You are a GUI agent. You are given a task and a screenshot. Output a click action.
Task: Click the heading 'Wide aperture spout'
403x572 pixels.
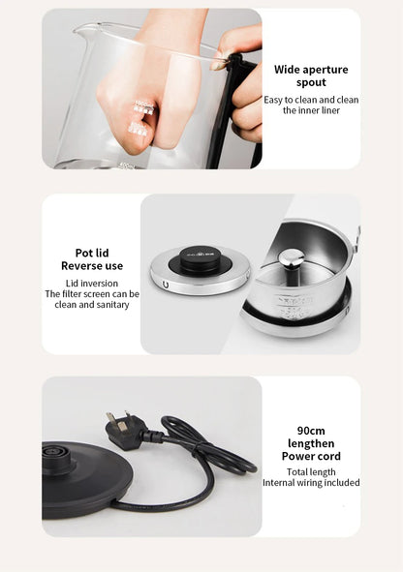(310, 76)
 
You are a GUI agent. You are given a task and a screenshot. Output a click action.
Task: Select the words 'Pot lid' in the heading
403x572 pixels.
(91, 254)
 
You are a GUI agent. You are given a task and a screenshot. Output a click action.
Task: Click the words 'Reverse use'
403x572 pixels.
(91, 266)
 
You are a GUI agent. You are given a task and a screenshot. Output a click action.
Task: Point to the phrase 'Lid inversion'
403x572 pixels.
(91, 283)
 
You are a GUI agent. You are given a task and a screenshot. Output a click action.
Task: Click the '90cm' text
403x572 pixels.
(310, 431)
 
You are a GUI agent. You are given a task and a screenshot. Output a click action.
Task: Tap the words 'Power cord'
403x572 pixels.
(310, 456)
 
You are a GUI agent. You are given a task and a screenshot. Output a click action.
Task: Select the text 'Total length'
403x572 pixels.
(310, 471)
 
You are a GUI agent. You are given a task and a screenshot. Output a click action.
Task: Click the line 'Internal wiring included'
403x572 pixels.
(310, 482)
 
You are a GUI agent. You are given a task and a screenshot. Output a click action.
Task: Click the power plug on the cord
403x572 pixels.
(125, 430)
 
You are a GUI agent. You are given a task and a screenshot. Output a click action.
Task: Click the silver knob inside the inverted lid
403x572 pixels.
(292, 258)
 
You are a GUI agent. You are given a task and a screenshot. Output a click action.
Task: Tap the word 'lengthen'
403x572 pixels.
(310, 443)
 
